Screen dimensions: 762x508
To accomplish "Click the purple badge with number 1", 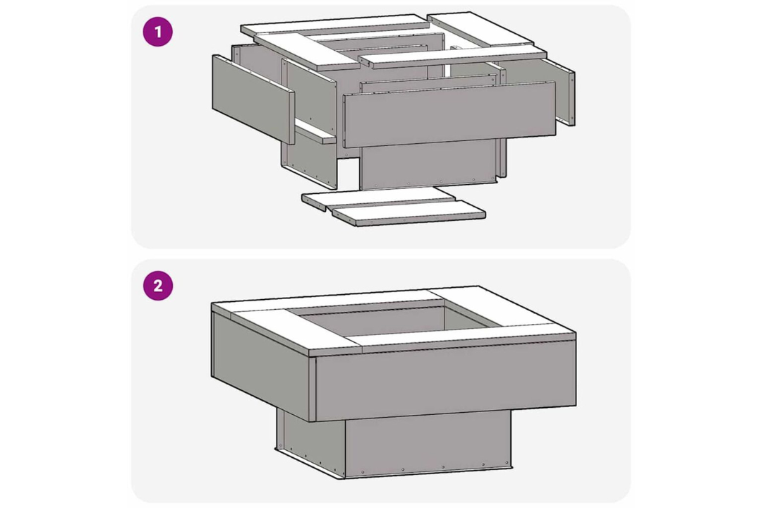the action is pyautogui.click(x=157, y=32).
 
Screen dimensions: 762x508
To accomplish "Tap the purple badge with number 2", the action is pyautogui.click(x=158, y=285).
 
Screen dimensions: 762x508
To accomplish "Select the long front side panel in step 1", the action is pyautogui.click(x=449, y=114).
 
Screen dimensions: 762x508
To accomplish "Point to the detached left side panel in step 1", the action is pyautogui.click(x=253, y=99).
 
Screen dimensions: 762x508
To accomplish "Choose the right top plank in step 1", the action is pyautogui.click(x=481, y=30).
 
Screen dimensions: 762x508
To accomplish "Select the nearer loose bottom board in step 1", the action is pyautogui.click(x=409, y=213).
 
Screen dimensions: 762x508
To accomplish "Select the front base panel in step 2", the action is pyautogui.click(x=428, y=443).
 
